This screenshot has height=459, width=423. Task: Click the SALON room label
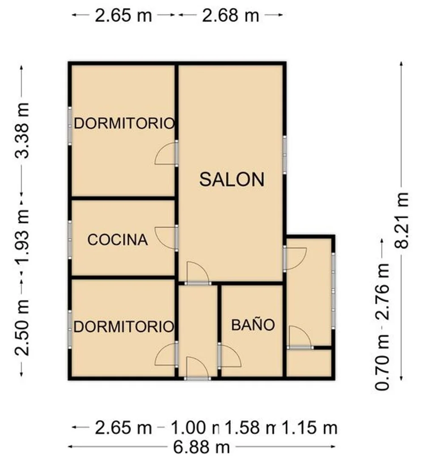[x=232, y=180]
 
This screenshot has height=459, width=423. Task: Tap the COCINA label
[x=118, y=240]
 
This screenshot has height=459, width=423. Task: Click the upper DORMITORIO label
[x=124, y=123]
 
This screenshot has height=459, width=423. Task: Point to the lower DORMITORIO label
[x=124, y=326]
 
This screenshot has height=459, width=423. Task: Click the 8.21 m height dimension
[x=402, y=220]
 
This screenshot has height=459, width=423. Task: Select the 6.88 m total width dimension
[x=202, y=447]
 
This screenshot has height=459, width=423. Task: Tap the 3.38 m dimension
[x=22, y=131]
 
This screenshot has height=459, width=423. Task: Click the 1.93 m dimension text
[x=22, y=237]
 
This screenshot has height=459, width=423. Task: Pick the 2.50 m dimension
[x=22, y=328]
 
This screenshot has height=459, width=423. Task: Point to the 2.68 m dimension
[x=230, y=15]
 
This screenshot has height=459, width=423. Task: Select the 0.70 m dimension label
[x=382, y=362]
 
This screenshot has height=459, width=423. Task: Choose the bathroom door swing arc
[x=231, y=356]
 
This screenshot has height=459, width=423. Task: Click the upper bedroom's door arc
[x=165, y=154]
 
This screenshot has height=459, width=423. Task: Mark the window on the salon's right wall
[x=285, y=155]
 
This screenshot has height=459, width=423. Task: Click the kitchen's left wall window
[x=70, y=240]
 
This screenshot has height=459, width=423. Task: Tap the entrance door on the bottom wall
[x=197, y=379]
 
